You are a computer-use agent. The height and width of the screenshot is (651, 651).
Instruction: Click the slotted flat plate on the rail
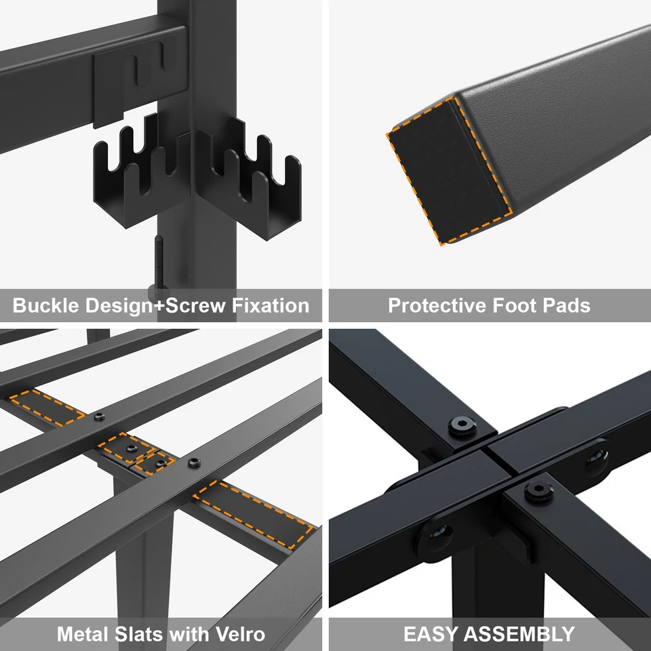pyautogui.click(x=139, y=75)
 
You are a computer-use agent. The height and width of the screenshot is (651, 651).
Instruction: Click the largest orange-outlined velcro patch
pyautogui.click(x=253, y=512)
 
